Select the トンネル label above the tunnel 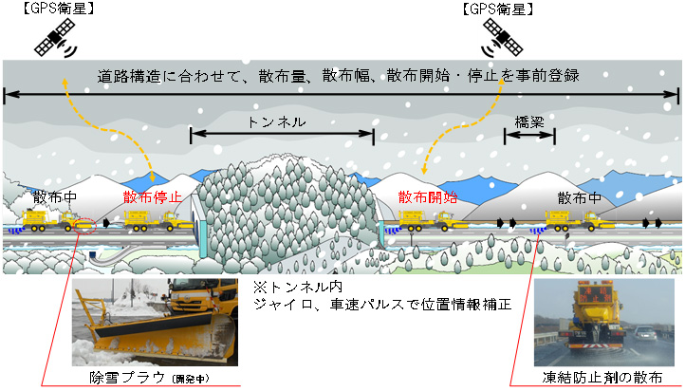point(277,122)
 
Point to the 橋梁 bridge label point(529,122)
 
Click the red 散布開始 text point(428,197)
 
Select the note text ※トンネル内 point(290,287)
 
